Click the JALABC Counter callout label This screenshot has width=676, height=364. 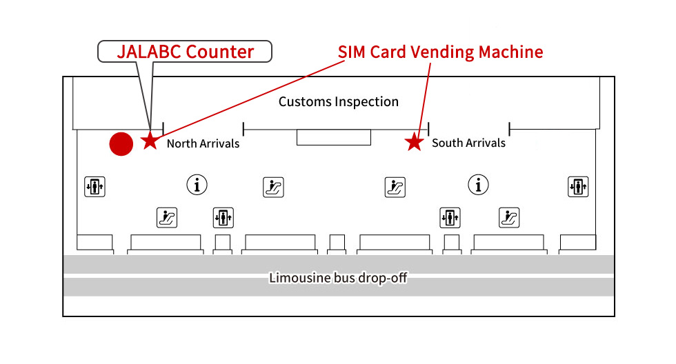coord(185,52)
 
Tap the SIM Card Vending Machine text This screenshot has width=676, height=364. coord(440,52)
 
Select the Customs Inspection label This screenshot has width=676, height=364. coord(338,102)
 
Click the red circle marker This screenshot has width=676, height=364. coord(121,143)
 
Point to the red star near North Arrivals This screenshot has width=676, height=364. coord(149,141)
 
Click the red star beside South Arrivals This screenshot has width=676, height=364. coord(414,143)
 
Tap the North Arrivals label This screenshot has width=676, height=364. coord(203,143)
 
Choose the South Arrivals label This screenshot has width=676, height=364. coord(468,143)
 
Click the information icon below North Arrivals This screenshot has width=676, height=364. coord(197,185)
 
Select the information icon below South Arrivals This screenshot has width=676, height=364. coord(478,185)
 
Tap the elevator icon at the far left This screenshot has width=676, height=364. coord(95,186)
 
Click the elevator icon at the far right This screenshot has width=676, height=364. coord(578,186)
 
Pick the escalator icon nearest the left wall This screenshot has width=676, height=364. coord(167,218)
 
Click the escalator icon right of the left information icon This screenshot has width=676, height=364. coord(273,187)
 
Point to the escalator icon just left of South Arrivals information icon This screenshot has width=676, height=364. coord(395,187)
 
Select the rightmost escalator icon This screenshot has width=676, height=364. coord(509,218)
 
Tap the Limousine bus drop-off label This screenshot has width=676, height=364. coord(338,278)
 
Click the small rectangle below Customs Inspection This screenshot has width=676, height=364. coord(334,137)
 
